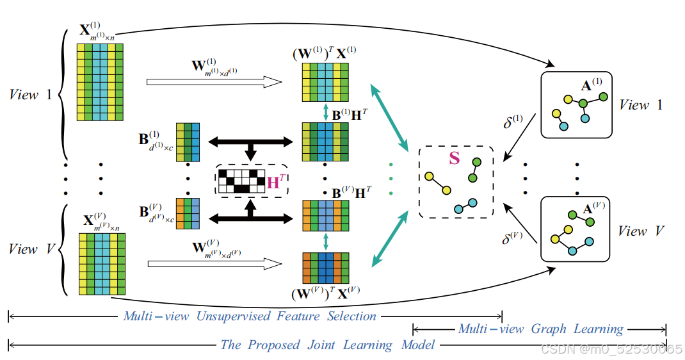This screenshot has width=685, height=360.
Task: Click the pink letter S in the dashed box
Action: [x=454, y=158]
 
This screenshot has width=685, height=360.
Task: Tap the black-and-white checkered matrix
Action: [x=241, y=181]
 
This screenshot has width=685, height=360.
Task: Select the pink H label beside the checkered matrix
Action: [x=274, y=182]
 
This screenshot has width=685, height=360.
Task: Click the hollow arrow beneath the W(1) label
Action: [x=214, y=82]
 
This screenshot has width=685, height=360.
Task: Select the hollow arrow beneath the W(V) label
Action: [x=214, y=263]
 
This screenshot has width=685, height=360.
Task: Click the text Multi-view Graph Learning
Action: [x=540, y=329]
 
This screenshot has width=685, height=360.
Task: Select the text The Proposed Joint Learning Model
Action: [x=327, y=345]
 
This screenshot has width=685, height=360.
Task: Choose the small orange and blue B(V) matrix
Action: [x=188, y=213]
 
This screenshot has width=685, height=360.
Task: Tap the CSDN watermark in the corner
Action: [x=611, y=349]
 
